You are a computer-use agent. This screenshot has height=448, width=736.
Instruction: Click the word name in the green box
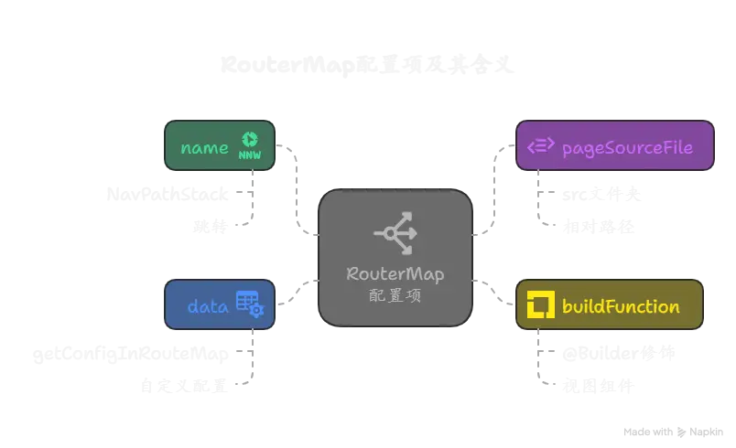point(204,148)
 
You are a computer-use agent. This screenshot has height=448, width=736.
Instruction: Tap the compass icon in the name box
point(249,140)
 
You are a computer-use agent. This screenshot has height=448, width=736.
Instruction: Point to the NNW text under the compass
point(249,155)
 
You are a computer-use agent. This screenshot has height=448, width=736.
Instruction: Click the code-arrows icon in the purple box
point(540,146)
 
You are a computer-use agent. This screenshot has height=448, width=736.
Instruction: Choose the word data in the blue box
point(207,306)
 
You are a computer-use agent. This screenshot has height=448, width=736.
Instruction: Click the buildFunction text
point(621,306)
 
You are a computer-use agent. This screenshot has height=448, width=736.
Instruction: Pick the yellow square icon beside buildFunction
point(540,306)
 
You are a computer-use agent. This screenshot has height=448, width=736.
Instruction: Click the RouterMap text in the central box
point(395,274)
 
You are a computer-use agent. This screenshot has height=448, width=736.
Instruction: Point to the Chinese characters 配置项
point(395,296)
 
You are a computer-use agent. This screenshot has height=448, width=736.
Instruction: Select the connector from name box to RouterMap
point(298,187)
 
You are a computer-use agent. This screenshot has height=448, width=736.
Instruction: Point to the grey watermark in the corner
point(673,431)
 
